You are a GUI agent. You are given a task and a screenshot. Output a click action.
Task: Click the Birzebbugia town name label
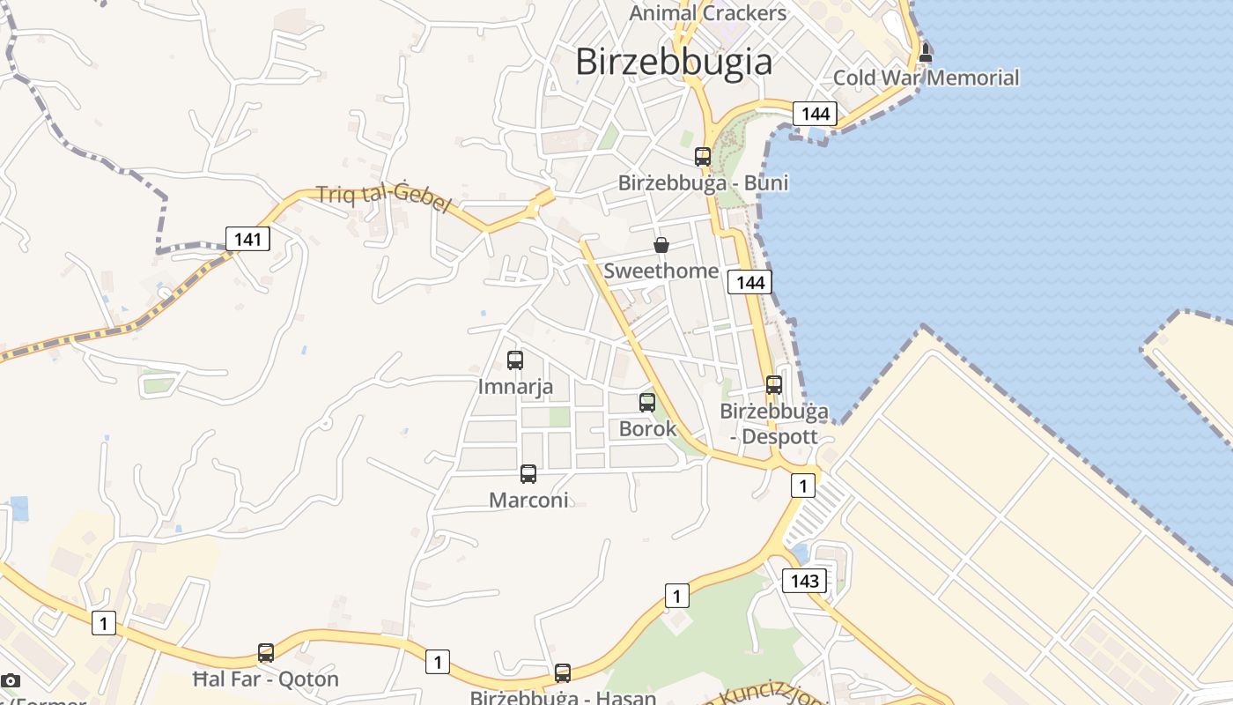[674, 62]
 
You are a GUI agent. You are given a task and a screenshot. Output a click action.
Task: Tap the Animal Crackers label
[708, 13]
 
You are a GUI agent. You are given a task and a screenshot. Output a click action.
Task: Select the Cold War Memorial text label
[926, 78]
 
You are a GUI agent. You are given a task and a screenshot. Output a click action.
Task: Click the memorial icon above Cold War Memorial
[925, 53]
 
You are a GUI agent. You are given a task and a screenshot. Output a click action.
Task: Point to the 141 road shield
[247, 238]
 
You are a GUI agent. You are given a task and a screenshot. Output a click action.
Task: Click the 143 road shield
[805, 581]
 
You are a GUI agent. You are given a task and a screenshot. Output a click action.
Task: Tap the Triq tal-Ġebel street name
[383, 198]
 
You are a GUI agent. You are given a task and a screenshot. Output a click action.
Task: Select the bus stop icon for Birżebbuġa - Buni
[703, 157]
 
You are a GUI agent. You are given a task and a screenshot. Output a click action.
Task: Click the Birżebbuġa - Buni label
[703, 183]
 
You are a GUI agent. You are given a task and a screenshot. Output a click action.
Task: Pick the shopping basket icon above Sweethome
[661, 245]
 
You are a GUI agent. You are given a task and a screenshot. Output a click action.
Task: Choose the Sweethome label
[661, 271]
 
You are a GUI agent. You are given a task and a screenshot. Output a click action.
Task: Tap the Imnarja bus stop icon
[515, 360]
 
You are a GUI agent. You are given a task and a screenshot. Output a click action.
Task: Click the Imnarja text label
[515, 386]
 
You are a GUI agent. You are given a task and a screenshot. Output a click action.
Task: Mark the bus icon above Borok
[647, 403]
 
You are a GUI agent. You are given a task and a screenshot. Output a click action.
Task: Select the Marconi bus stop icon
[528, 474]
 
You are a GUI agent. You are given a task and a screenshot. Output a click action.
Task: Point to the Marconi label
[528, 500]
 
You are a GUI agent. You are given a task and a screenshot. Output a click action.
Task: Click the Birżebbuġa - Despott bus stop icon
[774, 385]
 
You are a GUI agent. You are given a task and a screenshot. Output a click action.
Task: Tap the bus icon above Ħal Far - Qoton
[266, 653]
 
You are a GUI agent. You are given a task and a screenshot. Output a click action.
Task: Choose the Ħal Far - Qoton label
[266, 679]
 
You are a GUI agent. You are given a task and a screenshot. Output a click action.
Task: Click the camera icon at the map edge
[11, 680]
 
